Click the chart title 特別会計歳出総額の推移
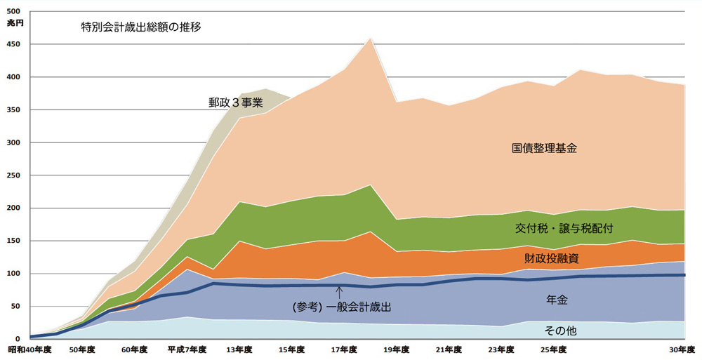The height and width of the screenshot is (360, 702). [x=141, y=29]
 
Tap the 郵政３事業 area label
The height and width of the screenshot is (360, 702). [x=235, y=102]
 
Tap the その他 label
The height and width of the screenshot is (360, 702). [x=560, y=330]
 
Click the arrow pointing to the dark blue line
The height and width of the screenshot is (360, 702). [x=339, y=291]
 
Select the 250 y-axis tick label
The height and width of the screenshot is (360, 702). [x=13, y=175]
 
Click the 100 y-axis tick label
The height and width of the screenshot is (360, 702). [x=13, y=274]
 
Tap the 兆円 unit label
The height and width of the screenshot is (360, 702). [x=14, y=23]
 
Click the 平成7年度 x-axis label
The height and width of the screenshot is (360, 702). [x=183, y=349]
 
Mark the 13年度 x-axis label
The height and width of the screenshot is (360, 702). [x=239, y=349]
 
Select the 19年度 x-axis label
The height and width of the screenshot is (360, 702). [x=397, y=349]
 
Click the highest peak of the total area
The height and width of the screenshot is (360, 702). [x=370, y=38]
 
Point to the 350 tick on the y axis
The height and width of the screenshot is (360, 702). [x=13, y=110]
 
